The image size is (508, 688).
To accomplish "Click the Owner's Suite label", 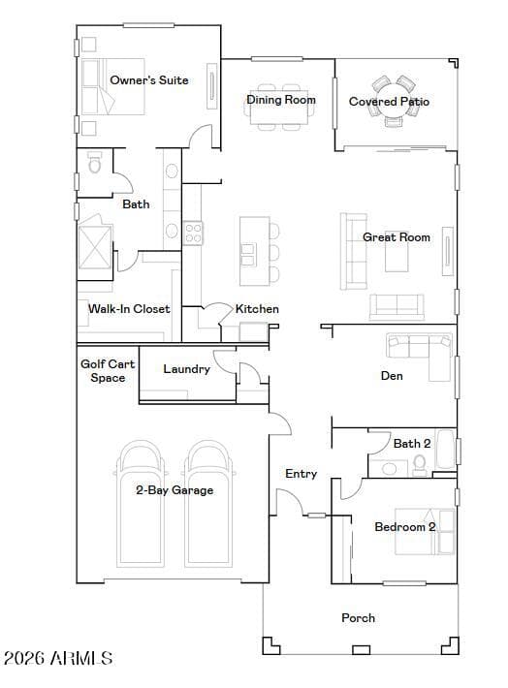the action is pyautogui.click(x=149, y=80).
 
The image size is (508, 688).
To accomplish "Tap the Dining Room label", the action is pyautogui.click(x=281, y=100).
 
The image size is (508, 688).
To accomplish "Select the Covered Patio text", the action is pyautogui.click(x=389, y=102).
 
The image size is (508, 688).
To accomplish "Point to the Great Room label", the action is pyautogui.click(x=397, y=237).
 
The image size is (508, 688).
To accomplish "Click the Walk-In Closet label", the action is pyautogui.click(x=129, y=309).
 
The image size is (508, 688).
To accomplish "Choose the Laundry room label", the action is pyautogui.click(x=186, y=369).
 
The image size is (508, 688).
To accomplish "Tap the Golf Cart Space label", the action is pyautogui.click(x=108, y=371).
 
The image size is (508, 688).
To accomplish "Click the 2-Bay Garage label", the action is pyautogui.click(x=175, y=490).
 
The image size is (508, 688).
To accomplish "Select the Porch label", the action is pyautogui.click(x=359, y=618).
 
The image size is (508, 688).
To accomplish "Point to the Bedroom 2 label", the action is pyautogui.click(x=405, y=526).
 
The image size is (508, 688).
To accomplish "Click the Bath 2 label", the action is pyautogui.click(x=412, y=444).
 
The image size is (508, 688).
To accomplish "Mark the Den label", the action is pyautogui.click(x=392, y=376).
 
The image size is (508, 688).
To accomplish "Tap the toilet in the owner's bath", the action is pyautogui.click(x=94, y=163).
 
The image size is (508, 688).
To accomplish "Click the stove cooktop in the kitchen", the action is pyautogui.click(x=193, y=233).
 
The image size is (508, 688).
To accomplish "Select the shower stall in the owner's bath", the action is pyautogui.click(x=95, y=247).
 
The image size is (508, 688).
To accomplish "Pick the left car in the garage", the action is pyautogui.click(x=140, y=503).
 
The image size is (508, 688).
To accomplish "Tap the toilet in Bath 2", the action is pyautogui.click(x=420, y=465).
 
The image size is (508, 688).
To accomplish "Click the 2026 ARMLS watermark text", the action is pyautogui.click(x=58, y=658).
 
